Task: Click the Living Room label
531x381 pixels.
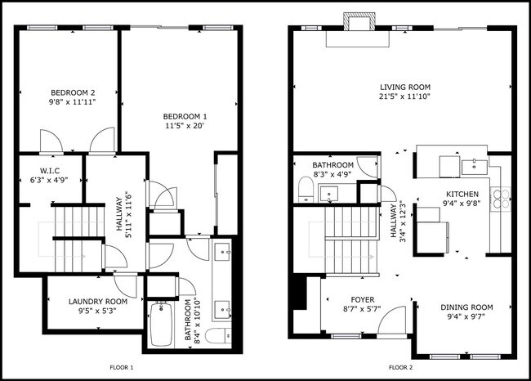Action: click(404, 87)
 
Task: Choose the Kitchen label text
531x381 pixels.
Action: click(460, 195)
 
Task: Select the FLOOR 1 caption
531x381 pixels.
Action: click(121, 367)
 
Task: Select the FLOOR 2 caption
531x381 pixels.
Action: click(400, 367)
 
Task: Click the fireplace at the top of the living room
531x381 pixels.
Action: click(357, 20)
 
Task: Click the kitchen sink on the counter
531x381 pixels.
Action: click(471, 167)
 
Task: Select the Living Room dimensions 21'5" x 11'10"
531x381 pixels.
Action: click(404, 96)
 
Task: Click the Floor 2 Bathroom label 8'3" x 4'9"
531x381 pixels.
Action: click(333, 169)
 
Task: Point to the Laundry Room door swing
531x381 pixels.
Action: click(127, 285)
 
